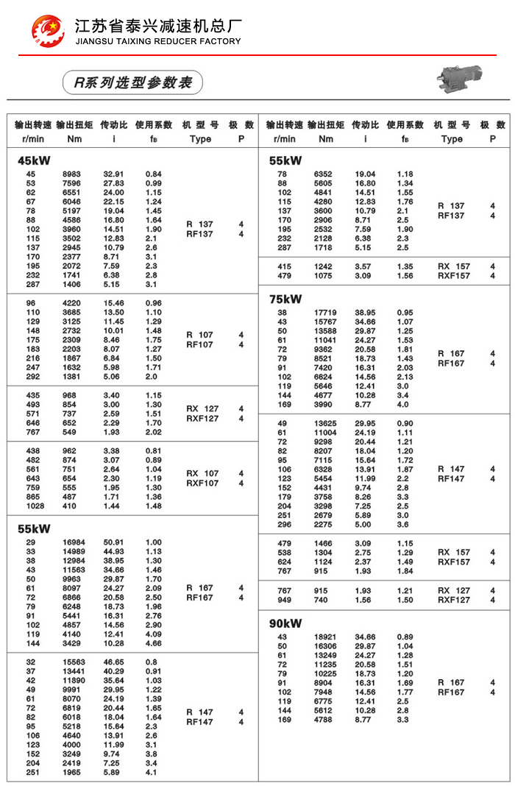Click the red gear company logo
(x=47, y=30)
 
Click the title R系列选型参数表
(x=132, y=82)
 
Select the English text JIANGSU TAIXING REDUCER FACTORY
(x=157, y=41)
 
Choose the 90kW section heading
(x=285, y=623)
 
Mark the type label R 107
(x=199, y=335)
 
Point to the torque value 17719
(x=326, y=312)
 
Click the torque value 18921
(x=326, y=637)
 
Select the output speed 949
(x=284, y=600)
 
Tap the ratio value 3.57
(x=365, y=266)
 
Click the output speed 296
(x=284, y=524)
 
